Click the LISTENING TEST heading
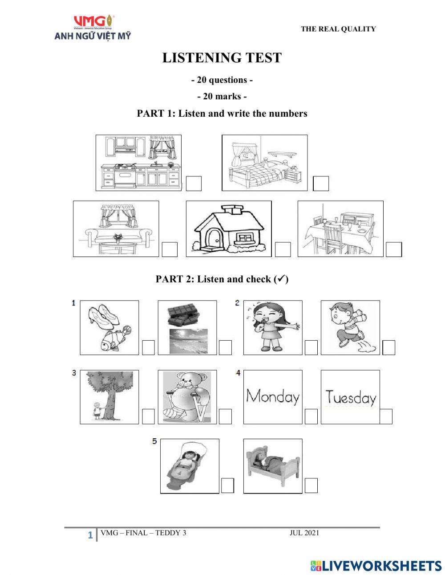(222, 58)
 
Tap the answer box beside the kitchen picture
(194, 184)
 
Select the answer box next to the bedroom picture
(321, 184)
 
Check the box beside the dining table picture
(393, 249)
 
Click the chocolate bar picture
(187, 315)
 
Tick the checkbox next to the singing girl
(311, 347)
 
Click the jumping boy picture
(350, 327)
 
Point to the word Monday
(273, 396)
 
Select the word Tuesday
(350, 397)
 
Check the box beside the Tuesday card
(386, 416)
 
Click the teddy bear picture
(187, 396)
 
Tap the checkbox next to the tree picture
(148, 416)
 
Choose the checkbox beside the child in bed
(311, 485)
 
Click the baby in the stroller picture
(189, 465)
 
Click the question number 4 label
(239, 373)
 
